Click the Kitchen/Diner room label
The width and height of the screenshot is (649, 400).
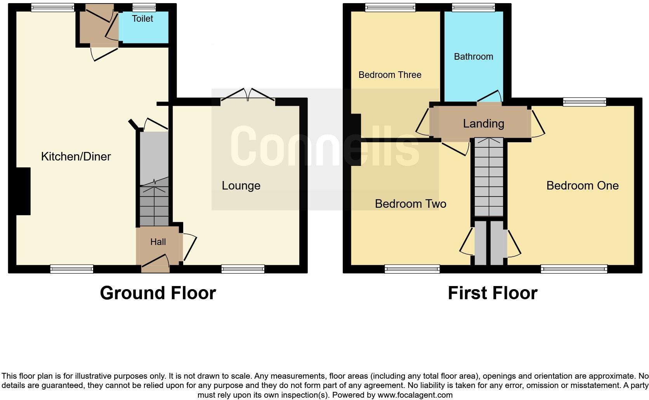(76, 157)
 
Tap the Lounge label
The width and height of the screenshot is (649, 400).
(241, 186)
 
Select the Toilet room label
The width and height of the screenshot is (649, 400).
(142, 19)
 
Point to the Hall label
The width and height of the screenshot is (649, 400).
(158, 242)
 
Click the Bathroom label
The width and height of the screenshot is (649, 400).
(474, 57)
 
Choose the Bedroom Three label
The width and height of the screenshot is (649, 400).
(390, 75)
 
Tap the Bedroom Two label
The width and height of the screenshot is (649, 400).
(410, 204)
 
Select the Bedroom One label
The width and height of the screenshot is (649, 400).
(582, 186)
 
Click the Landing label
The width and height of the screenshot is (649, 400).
(483, 124)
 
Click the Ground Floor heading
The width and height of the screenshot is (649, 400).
(158, 293)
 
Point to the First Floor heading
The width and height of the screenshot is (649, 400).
(493, 293)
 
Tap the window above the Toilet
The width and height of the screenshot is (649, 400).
(144, 7)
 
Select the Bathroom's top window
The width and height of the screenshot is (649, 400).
(474, 7)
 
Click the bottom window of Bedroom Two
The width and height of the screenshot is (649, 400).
(412, 269)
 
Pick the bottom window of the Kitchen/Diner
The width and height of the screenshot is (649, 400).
(72, 269)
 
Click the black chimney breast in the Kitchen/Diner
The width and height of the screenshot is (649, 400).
(23, 191)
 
